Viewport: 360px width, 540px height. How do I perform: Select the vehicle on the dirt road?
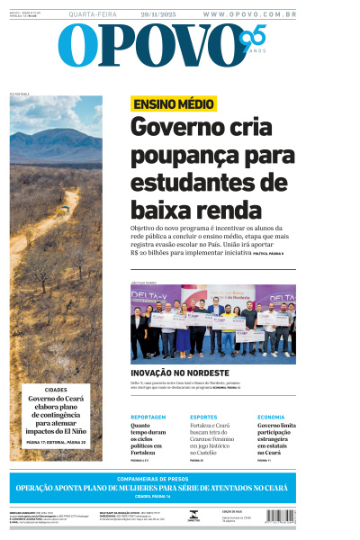(x=63, y=211)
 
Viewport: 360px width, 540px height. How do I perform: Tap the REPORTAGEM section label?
(x=148, y=418)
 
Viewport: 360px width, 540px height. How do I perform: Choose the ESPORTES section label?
(x=203, y=418)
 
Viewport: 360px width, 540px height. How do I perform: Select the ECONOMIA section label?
(x=271, y=418)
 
